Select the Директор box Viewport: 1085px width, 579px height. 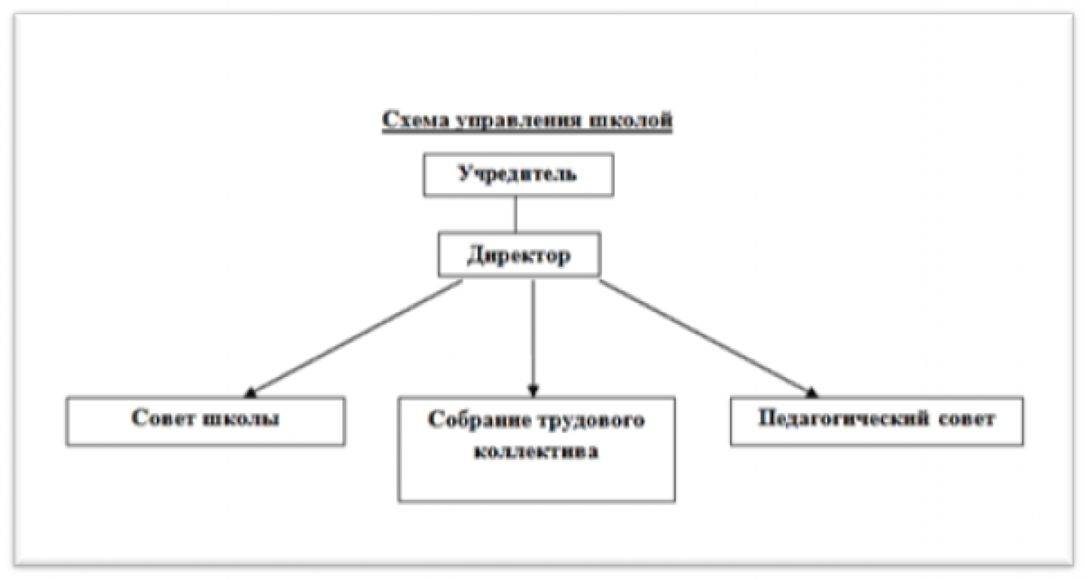[x=519, y=256]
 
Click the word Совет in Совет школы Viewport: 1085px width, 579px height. [x=164, y=419]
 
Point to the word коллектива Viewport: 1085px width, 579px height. [x=536, y=454]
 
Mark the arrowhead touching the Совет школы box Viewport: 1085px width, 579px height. [x=252, y=392]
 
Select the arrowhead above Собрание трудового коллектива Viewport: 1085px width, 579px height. [x=533, y=391]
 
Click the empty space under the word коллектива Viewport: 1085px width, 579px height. [x=536, y=482]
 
